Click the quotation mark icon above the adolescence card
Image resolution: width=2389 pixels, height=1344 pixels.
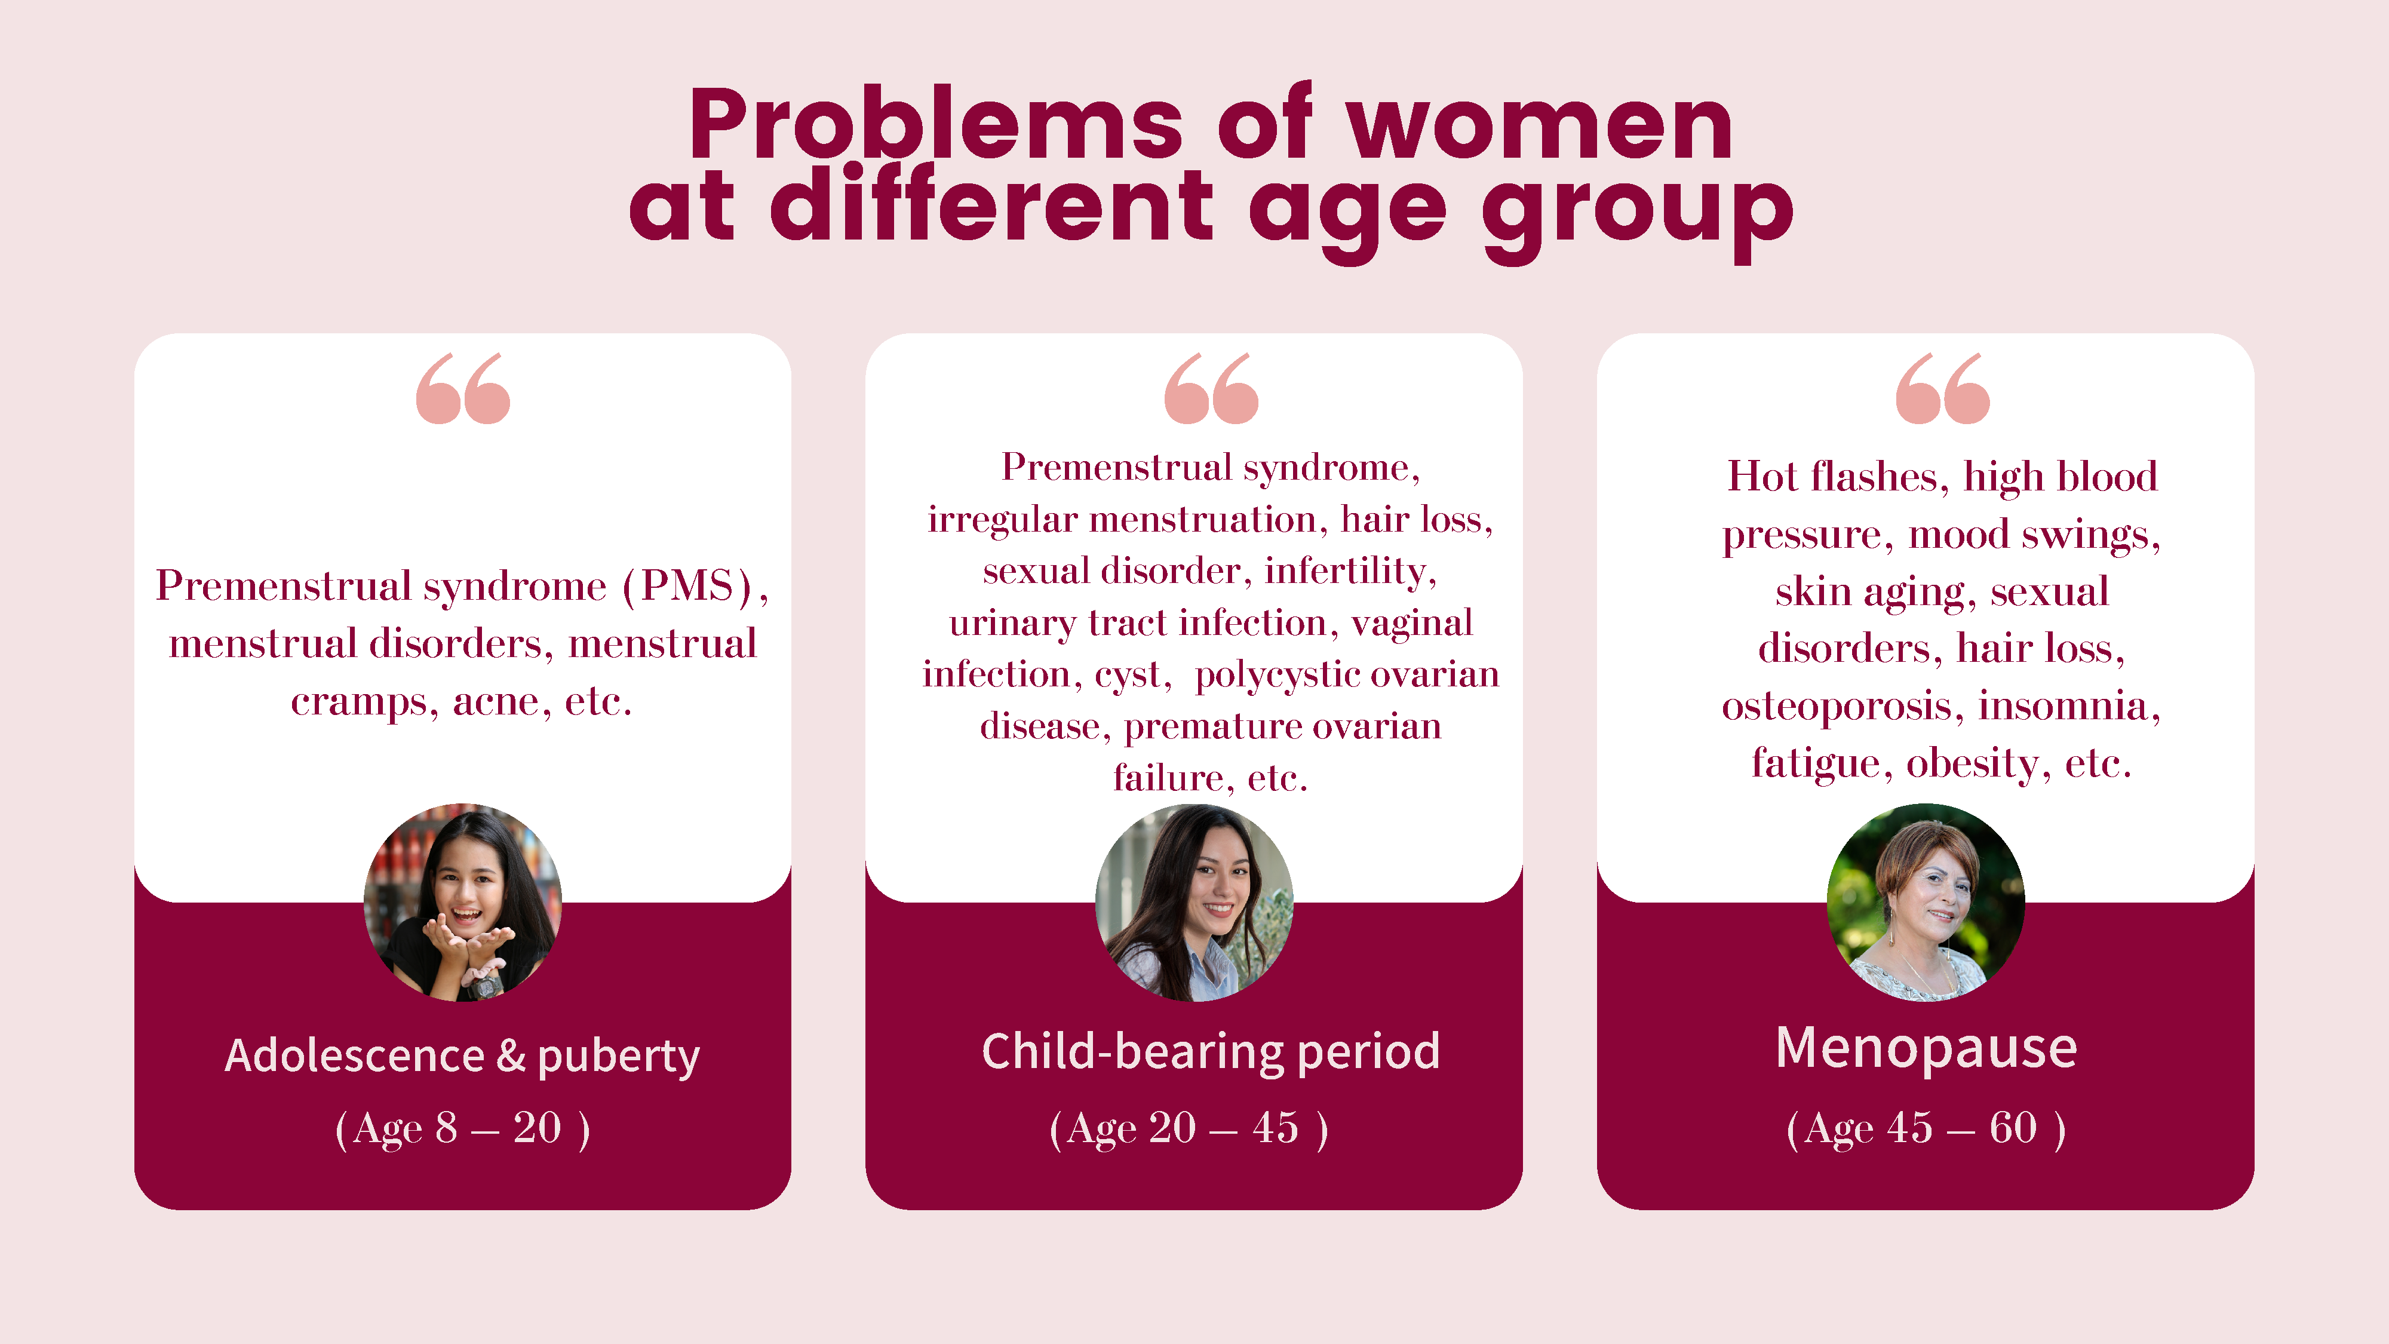click(x=463, y=388)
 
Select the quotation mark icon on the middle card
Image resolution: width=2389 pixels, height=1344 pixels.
click(x=1211, y=388)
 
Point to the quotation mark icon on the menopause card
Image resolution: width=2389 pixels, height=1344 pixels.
click(x=1943, y=388)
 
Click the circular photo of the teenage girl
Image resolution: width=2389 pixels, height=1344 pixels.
click(x=463, y=903)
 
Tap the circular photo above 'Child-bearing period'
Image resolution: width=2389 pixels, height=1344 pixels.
click(x=1194, y=903)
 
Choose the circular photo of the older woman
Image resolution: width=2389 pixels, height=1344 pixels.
click(x=1926, y=903)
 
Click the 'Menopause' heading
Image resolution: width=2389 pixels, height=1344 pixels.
click(x=1926, y=1049)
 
